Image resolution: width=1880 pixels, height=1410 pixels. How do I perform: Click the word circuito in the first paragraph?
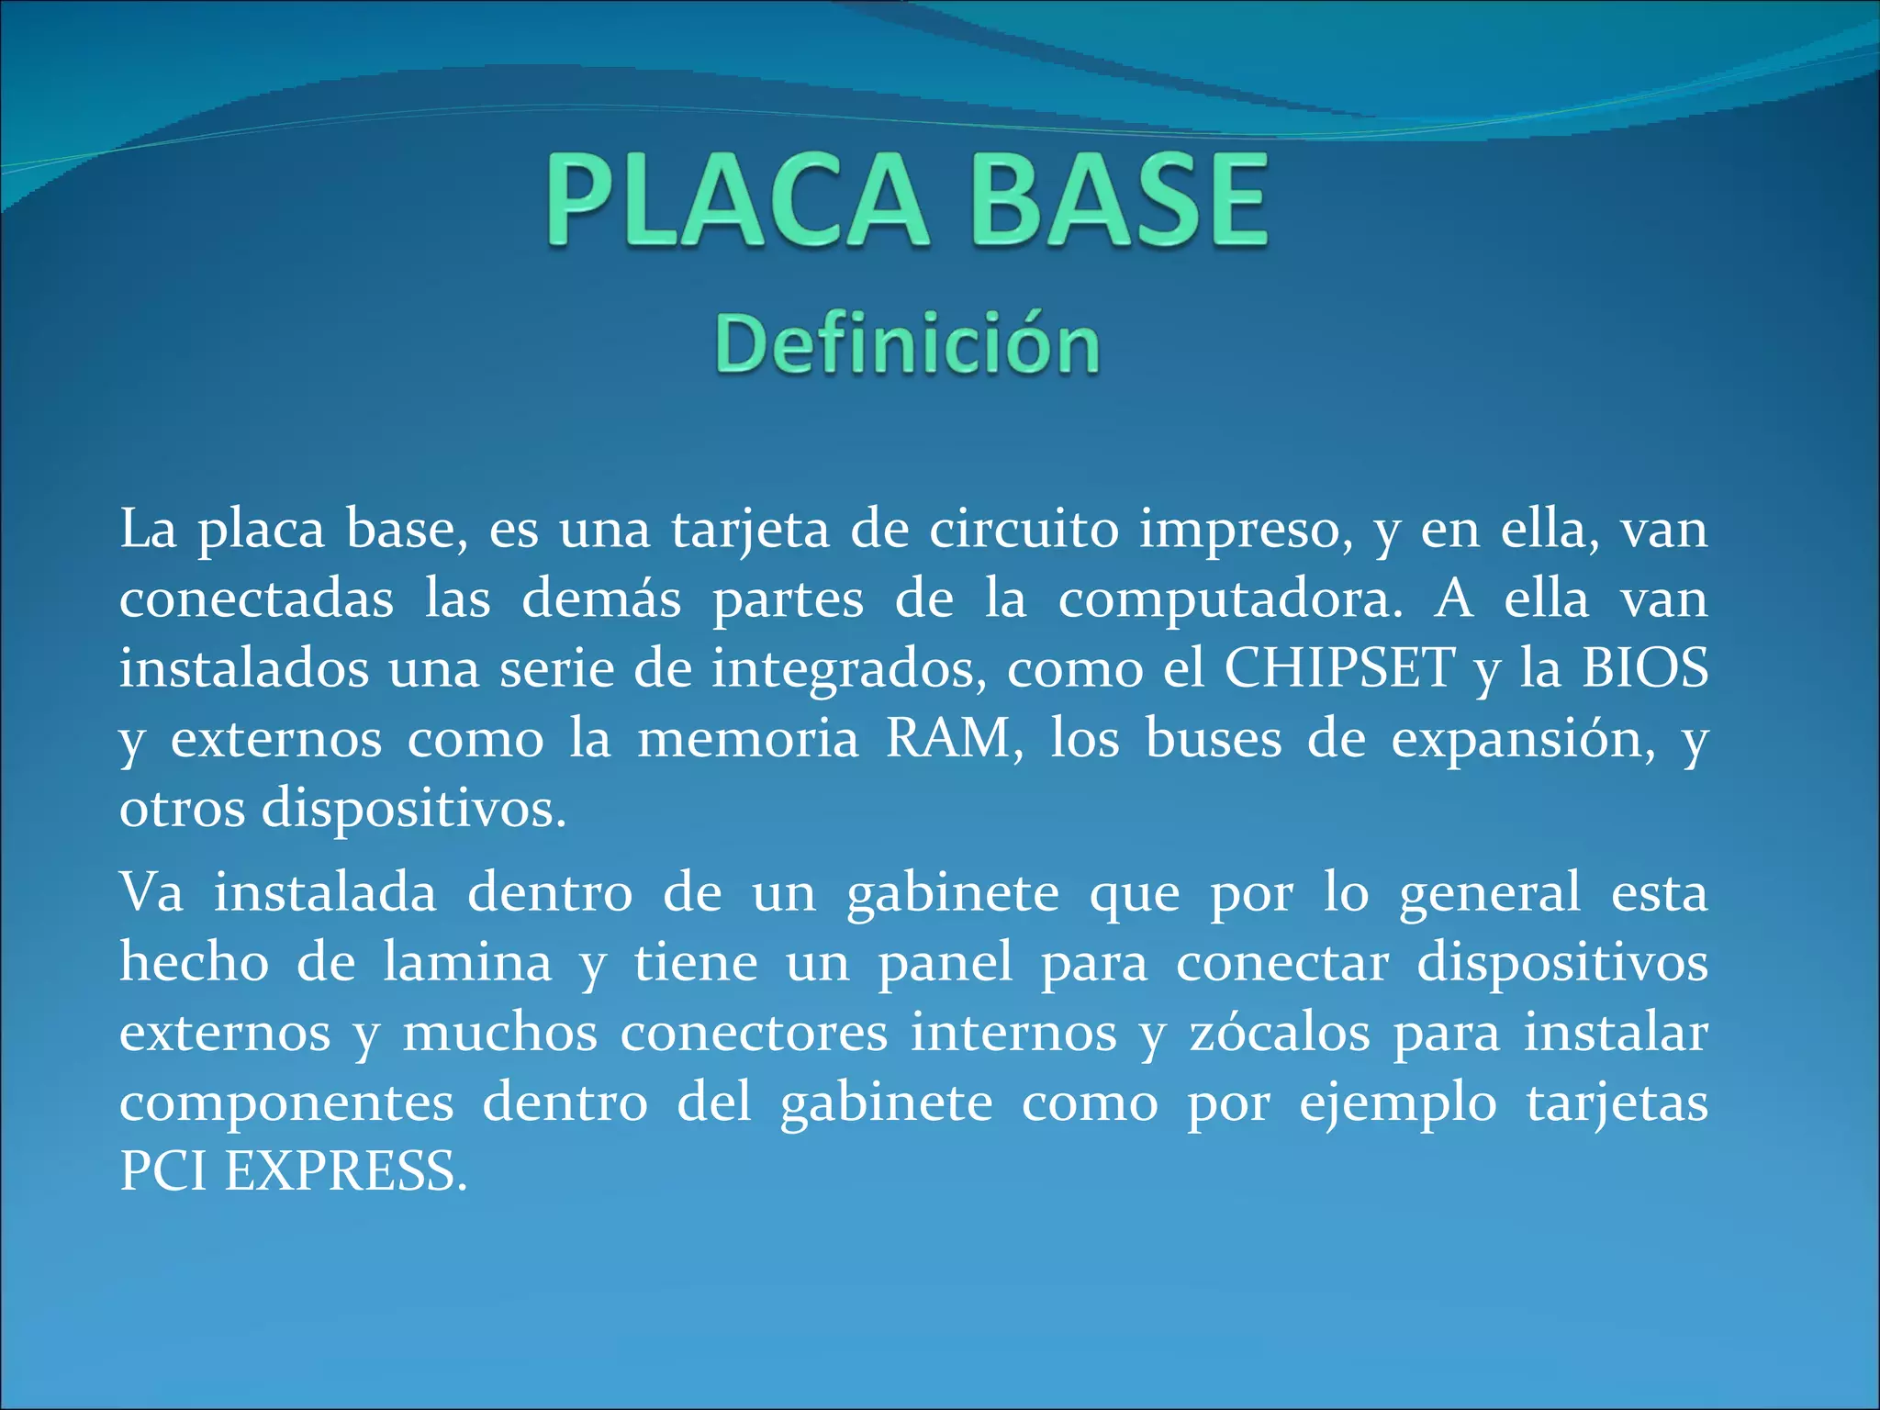point(1024,530)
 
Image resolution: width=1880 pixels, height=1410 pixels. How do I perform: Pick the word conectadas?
point(257,599)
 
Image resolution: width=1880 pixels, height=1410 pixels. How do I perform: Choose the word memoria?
point(747,739)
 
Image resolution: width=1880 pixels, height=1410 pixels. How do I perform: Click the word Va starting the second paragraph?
point(151,892)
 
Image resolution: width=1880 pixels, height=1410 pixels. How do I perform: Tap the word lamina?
point(467,962)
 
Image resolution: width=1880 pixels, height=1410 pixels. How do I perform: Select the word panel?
point(946,962)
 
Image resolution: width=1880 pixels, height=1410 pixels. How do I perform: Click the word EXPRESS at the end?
point(345,1172)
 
